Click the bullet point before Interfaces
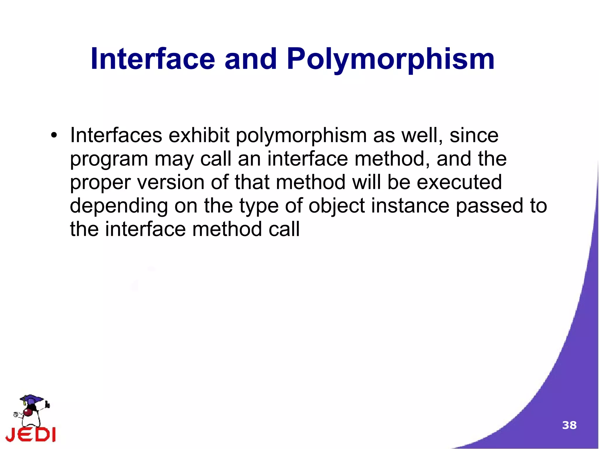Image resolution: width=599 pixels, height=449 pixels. tap(54, 136)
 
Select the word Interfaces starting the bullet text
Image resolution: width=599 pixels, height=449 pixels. tap(116, 135)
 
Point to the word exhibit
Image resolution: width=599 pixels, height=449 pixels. tap(199, 135)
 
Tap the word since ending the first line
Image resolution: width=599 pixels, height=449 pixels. tap(474, 135)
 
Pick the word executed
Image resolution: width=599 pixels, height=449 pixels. tap(459, 182)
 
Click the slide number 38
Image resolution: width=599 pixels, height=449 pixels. tap(569, 425)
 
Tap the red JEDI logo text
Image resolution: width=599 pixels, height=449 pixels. tap(31, 435)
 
